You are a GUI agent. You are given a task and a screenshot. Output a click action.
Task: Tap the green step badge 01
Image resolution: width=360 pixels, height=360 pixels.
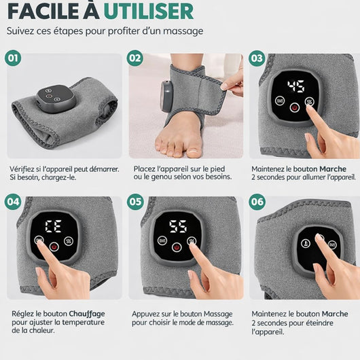tap(13, 58)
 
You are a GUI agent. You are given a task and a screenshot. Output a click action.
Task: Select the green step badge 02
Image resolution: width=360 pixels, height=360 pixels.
tap(134, 58)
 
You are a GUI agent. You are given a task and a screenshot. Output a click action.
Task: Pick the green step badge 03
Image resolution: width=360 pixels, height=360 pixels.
tap(256, 58)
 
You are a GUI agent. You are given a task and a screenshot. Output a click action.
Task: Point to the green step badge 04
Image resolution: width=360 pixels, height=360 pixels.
tap(13, 202)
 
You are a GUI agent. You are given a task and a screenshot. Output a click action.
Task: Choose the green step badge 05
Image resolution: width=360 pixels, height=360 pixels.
tap(134, 202)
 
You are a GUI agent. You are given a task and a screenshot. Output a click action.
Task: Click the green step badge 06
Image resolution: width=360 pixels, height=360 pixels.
tap(256, 202)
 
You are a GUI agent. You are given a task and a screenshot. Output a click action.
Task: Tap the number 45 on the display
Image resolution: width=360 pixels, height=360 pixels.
tap(295, 86)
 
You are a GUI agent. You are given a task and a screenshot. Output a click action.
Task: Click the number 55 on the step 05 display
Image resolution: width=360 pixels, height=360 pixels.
tap(179, 227)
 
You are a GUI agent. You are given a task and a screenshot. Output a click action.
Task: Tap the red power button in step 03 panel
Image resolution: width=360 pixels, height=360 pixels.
tap(295, 107)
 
